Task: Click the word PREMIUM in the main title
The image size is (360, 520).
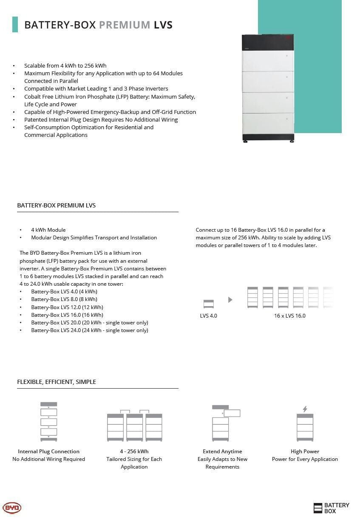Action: point(125,25)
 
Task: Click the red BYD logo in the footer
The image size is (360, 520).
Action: point(12,508)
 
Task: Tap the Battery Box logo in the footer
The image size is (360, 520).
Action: point(331,508)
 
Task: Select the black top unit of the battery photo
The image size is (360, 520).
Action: point(268,41)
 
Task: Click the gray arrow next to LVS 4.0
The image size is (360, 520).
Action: point(230,300)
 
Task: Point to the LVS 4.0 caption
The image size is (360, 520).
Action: point(208,315)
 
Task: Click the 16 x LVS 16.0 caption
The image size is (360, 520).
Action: point(289,315)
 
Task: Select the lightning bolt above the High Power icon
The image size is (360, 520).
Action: point(305,409)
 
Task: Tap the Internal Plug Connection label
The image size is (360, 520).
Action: point(48,451)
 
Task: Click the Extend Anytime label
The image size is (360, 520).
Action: point(222,451)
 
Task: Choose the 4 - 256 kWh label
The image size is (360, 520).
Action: point(134,451)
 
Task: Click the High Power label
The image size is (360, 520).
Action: point(305,451)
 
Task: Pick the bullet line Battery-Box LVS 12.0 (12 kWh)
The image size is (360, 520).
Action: point(67,307)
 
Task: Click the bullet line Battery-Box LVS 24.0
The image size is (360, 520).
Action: point(89,330)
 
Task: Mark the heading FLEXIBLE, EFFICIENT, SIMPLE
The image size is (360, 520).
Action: point(57,381)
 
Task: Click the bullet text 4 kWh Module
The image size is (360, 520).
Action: point(48,230)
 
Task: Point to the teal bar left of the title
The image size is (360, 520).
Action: point(15,24)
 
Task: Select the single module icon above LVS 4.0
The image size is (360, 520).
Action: point(208,304)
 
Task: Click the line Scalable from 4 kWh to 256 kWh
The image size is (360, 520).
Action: point(65,65)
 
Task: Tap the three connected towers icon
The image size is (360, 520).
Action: point(134,426)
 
